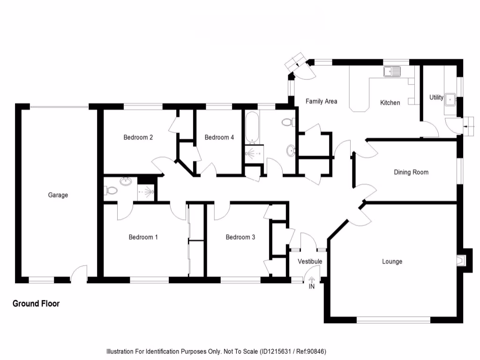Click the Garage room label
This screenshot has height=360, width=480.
tap(58, 195)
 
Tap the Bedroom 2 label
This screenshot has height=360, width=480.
tap(138, 137)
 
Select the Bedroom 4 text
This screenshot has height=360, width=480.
tap(219, 137)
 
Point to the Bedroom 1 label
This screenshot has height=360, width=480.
tap(143, 237)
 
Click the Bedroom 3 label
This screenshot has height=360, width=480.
tap(240, 237)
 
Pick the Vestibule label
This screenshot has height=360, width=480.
tap(310, 261)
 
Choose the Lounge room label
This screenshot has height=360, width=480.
tap(392, 261)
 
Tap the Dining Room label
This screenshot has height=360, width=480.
tap(411, 172)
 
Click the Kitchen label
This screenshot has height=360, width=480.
tap(390, 103)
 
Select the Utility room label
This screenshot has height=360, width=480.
tap(436, 97)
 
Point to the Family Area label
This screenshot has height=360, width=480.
tap(321, 101)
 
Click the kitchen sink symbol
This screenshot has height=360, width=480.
tap(392, 72)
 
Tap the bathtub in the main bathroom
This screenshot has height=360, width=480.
tap(252, 127)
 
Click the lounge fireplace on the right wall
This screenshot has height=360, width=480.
tap(462, 259)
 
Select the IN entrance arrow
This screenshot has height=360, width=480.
tap(311, 280)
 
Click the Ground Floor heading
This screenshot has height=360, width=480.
tap(36, 304)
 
